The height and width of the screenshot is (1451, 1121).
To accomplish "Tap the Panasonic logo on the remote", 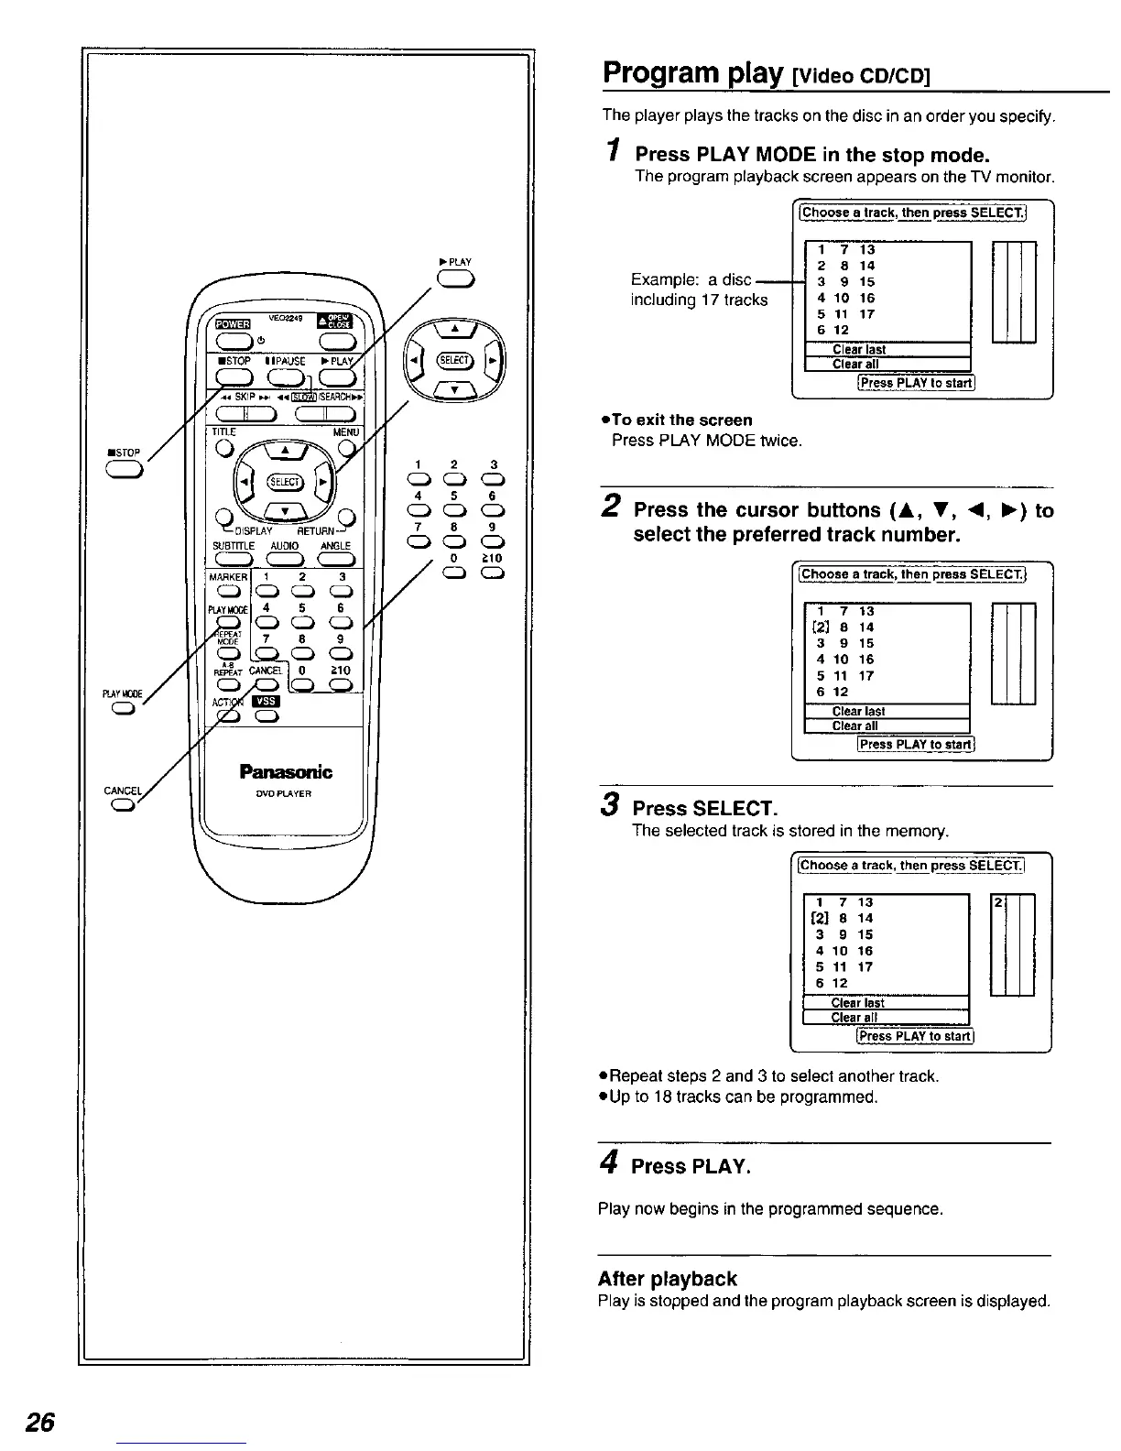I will pyautogui.click(x=286, y=771).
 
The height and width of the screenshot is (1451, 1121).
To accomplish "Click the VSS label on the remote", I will pyautogui.click(x=265, y=700).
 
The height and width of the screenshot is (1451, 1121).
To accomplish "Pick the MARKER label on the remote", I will pyautogui.click(x=228, y=578).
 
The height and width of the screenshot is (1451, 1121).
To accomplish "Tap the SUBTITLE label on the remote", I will pyautogui.click(x=234, y=546).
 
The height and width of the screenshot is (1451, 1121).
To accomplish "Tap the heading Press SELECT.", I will pyautogui.click(x=705, y=808).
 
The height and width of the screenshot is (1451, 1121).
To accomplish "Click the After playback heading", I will pyautogui.click(x=667, y=1278).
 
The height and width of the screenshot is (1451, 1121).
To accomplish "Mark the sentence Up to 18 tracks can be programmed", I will pyautogui.click(x=743, y=1096).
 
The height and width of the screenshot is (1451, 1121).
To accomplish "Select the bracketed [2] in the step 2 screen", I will pyautogui.click(x=822, y=627).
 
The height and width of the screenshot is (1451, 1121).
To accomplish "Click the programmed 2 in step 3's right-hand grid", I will pyautogui.click(x=997, y=903).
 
